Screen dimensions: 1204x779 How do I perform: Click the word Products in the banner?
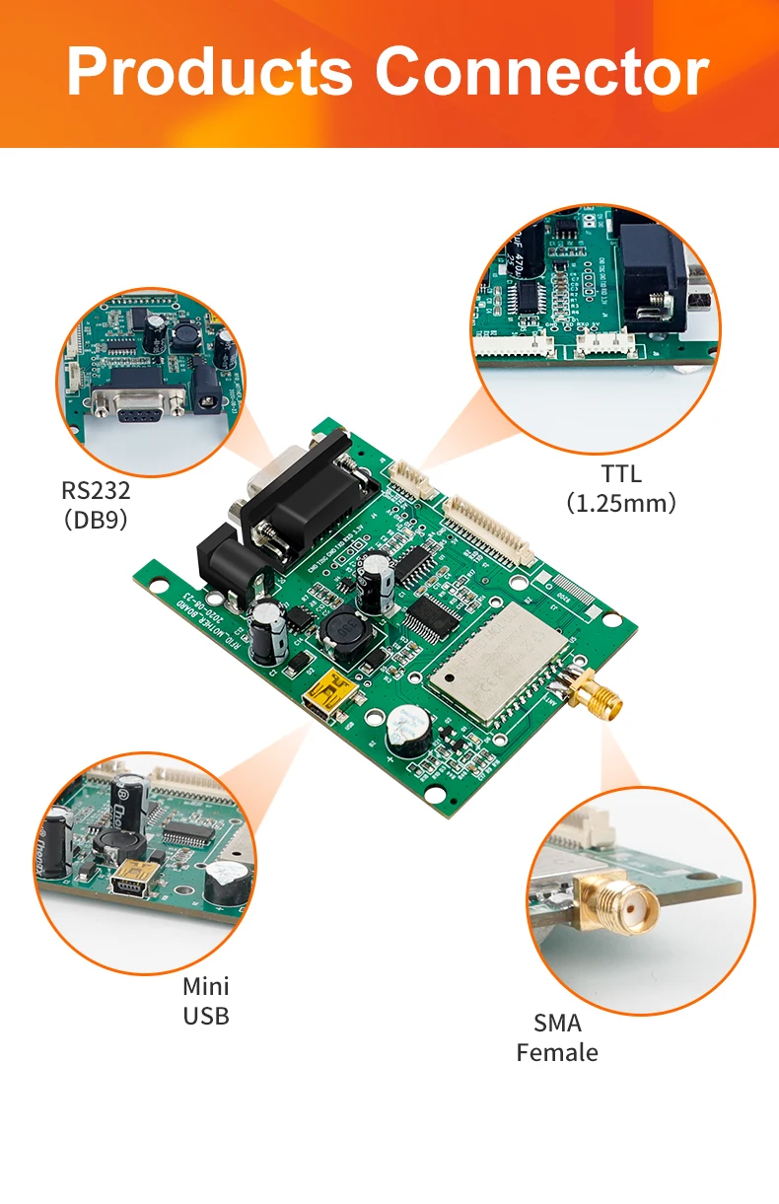(209, 72)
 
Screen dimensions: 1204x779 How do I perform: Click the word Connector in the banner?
(541, 72)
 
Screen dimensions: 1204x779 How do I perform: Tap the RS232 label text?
(96, 491)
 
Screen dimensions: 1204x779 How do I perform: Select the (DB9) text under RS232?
(96, 520)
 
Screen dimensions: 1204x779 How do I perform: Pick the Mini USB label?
(206, 1001)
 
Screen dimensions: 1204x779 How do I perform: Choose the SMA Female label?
(557, 1037)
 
